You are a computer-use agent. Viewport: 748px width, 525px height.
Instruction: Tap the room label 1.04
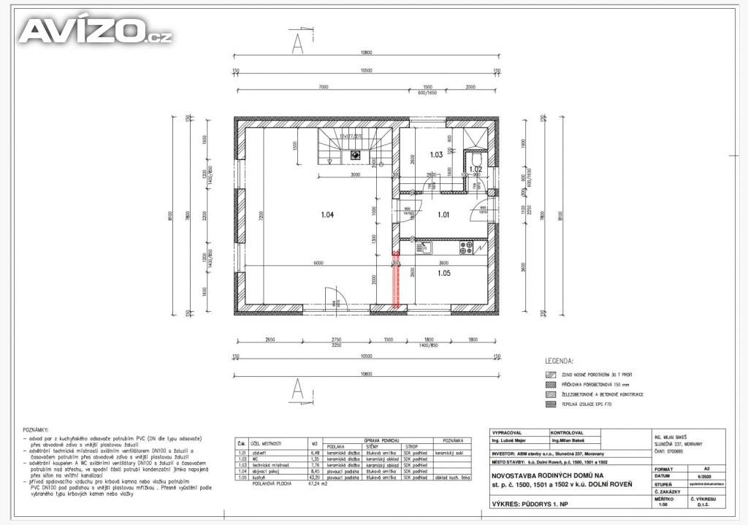click(x=327, y=215)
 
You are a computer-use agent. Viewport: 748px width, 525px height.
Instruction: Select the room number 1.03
click(x=436, y=155)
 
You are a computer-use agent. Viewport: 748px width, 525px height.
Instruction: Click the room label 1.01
click(x=444, y=215)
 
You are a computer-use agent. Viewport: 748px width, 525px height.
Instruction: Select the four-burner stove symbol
click(x=466, y=248)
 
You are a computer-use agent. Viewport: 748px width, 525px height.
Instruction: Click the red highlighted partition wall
click(x=397, y=280)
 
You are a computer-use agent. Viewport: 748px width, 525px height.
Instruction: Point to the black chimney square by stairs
click(x=355, y=154)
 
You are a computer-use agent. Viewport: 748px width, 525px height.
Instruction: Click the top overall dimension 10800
click(x=365, y=53)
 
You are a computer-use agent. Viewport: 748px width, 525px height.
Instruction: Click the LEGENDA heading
click(x=560, y=361)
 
